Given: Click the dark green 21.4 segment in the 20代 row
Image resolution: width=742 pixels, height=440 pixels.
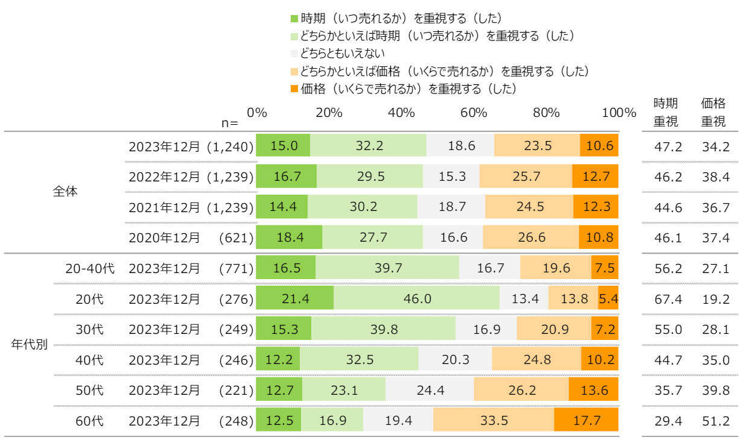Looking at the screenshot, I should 294,298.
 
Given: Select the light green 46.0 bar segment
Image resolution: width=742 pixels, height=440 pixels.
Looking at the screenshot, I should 416,298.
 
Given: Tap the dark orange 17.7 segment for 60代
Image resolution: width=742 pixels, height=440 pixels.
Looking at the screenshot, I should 586,420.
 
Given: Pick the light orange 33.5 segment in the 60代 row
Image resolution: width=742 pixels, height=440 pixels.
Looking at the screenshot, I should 493,420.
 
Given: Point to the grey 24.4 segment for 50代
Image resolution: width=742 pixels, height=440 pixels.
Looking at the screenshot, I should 430,390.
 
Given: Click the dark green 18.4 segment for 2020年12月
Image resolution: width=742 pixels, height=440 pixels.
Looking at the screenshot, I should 289,237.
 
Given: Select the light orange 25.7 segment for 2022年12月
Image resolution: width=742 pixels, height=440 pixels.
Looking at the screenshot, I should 525,176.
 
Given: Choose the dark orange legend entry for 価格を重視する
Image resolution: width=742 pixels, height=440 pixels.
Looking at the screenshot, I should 404,89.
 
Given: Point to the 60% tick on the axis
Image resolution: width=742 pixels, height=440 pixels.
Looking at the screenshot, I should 474,113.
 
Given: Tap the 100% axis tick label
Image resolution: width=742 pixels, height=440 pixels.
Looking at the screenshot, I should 619,113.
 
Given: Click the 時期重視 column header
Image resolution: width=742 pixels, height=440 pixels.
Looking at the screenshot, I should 666,112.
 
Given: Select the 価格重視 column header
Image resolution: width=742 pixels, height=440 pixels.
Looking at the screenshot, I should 713,112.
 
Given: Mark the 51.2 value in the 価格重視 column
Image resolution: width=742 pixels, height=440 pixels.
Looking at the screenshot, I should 715,421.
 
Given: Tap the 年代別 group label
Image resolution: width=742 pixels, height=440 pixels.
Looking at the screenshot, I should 30,345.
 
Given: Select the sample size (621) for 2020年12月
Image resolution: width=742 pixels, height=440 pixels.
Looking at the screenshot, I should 236,237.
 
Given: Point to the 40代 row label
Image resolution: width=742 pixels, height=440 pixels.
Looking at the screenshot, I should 89,360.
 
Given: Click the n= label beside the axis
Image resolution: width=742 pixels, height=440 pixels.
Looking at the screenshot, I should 230,122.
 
